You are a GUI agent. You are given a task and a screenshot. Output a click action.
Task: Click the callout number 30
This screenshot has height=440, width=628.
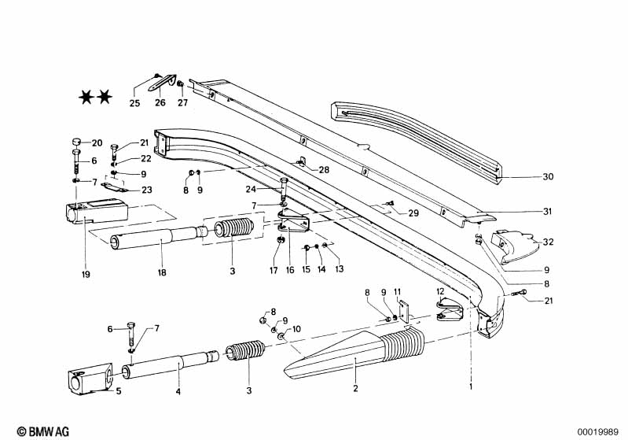[548, 177]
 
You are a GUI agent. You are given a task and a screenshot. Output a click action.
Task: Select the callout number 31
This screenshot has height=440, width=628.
[548, 212]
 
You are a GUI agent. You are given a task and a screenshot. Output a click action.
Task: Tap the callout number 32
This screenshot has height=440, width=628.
[548, 242]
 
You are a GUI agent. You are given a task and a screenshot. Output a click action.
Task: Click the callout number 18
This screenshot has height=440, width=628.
[162, 273]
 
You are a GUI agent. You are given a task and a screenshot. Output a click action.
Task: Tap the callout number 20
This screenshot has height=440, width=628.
[97, 142]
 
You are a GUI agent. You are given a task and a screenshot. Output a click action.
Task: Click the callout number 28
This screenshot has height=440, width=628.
[324, 169]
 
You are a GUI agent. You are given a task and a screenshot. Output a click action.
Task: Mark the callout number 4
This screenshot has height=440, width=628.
[178, 391]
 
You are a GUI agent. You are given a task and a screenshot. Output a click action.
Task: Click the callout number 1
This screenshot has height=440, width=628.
[472, 387]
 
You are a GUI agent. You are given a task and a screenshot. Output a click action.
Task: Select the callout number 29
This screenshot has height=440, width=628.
[413, 213]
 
